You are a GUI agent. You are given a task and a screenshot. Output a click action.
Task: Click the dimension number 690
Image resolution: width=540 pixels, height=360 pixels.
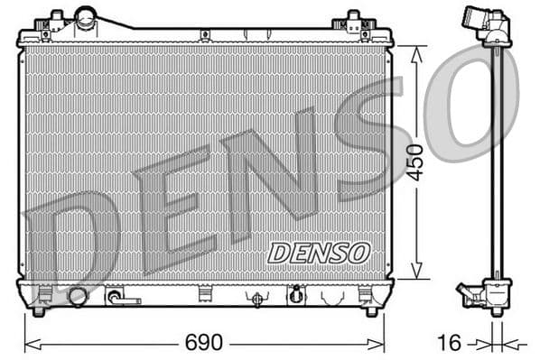pos(203,344)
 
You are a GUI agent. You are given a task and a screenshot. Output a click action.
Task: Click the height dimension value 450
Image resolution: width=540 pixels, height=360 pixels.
pos(414,162)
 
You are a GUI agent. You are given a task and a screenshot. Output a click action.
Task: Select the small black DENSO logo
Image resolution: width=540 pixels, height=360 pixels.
pos(318,252)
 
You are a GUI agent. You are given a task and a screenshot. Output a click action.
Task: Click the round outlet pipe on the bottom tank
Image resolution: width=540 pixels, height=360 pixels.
pos(78,296)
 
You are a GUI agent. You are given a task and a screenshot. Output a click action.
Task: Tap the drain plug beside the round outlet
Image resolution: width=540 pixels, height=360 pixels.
pos(114,296)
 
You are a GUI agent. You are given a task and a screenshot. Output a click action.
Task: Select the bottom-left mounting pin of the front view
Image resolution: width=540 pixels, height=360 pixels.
pos(38,311)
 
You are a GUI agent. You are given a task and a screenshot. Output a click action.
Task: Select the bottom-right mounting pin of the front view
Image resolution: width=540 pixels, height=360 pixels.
pos(370,311)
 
